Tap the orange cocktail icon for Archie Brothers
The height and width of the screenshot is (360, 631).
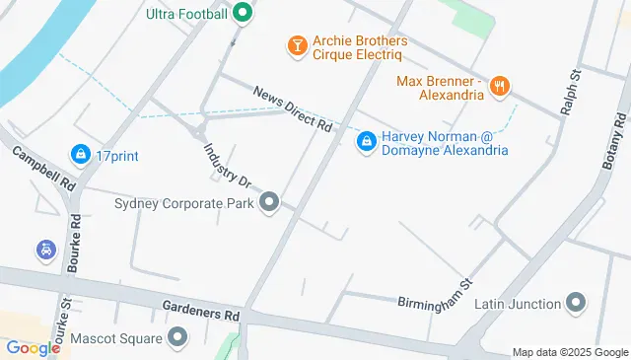pos(296,45)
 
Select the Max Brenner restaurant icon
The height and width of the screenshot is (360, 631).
pos(501,87)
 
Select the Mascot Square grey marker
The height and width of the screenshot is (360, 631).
pos(178,338)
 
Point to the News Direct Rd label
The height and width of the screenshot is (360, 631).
pos(293,108)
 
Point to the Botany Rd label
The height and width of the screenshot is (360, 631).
pos(615,139)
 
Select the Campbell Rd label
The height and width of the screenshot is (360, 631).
pos(43,169)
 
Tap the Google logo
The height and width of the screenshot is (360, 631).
pos(33,348)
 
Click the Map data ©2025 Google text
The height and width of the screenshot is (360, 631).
pos(570,352)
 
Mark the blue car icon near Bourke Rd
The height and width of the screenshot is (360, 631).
pos(45,251)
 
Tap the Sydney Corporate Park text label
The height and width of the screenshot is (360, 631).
pos(184,204)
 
